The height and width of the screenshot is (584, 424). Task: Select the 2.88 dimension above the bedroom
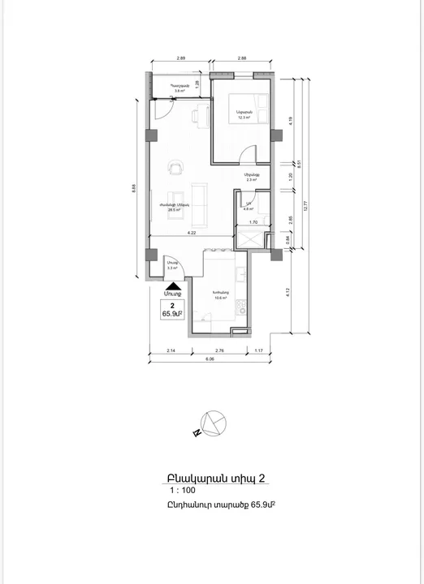pos(242,59)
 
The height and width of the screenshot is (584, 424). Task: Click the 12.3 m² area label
pos(242,117)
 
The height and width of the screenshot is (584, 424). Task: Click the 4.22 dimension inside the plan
pos(191,233)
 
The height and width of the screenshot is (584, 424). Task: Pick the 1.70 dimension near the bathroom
pos(253,221)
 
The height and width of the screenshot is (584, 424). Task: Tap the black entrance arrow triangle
pos(172,285)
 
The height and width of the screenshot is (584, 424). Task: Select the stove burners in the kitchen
pos(240,307)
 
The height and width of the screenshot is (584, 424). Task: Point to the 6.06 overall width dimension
pos(209,358)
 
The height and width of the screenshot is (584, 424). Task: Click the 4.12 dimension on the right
pos(288,294)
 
